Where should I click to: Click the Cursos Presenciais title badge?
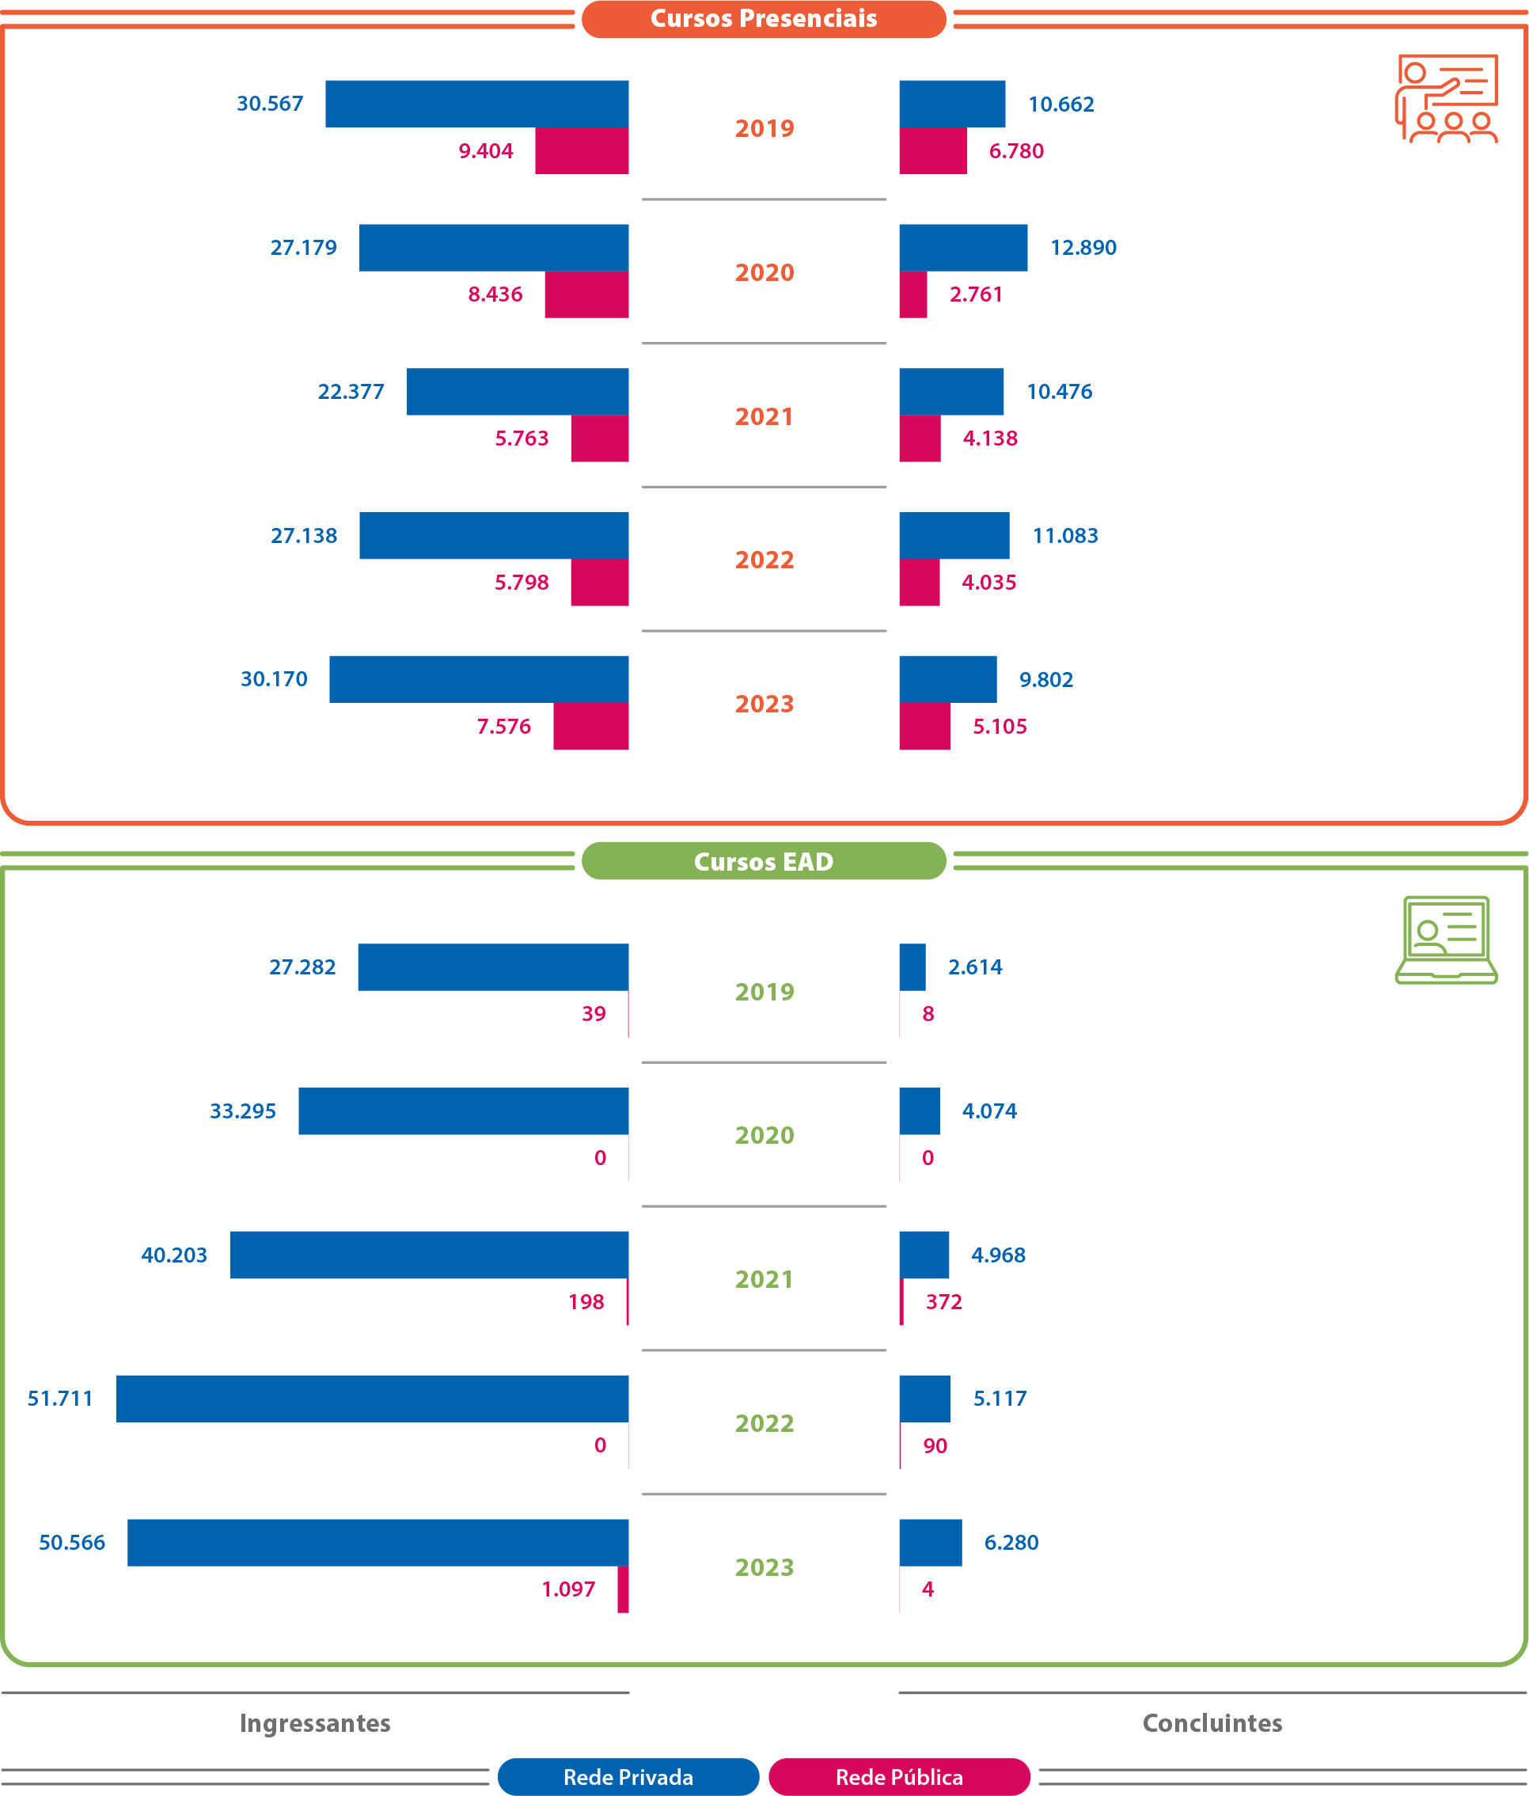click(x=763, y=18)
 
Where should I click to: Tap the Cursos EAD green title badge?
click(x=763, y=860)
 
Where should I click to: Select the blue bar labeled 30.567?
click(x=476, y=103)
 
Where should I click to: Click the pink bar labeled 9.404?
click(x=582, y=151)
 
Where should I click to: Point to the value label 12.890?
click(x=1083, y=248)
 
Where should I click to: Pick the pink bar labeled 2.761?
click(x=912, y=294)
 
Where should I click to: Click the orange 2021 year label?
click(x=764, y=417)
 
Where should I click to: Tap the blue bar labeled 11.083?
click(x=954, y=536)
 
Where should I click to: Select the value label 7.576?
click(x=503, y=727)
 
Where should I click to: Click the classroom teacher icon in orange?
click(x=1446, y=98)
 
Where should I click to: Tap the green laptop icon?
click(x=1446, y=940)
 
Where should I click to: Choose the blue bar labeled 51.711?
click(x=373, y=1398)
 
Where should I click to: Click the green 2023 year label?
click(x=764, y=1567)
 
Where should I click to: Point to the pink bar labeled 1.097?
click(x=622, y=1589)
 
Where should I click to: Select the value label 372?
click(x=943, y=1302)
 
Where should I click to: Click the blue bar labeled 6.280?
click(x=930, y=1542)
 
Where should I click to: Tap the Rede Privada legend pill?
click(x=628, y=1777)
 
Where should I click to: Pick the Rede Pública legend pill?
click(x=899, y=1777)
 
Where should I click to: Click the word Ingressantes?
click(x=315, y=1723)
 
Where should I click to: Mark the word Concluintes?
click(x=1212, y=1723)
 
